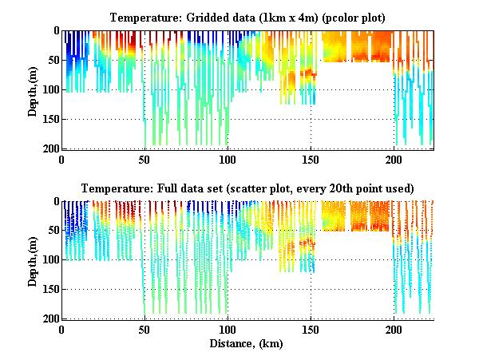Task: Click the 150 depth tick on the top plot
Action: point(50,119)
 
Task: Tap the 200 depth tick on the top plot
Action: point(50,148)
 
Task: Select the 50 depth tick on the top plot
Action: point(53,60)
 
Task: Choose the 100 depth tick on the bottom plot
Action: point(50,260)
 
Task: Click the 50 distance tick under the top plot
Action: point(144,158)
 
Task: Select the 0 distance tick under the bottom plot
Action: point(61,329)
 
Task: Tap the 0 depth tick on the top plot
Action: point(56,31)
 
